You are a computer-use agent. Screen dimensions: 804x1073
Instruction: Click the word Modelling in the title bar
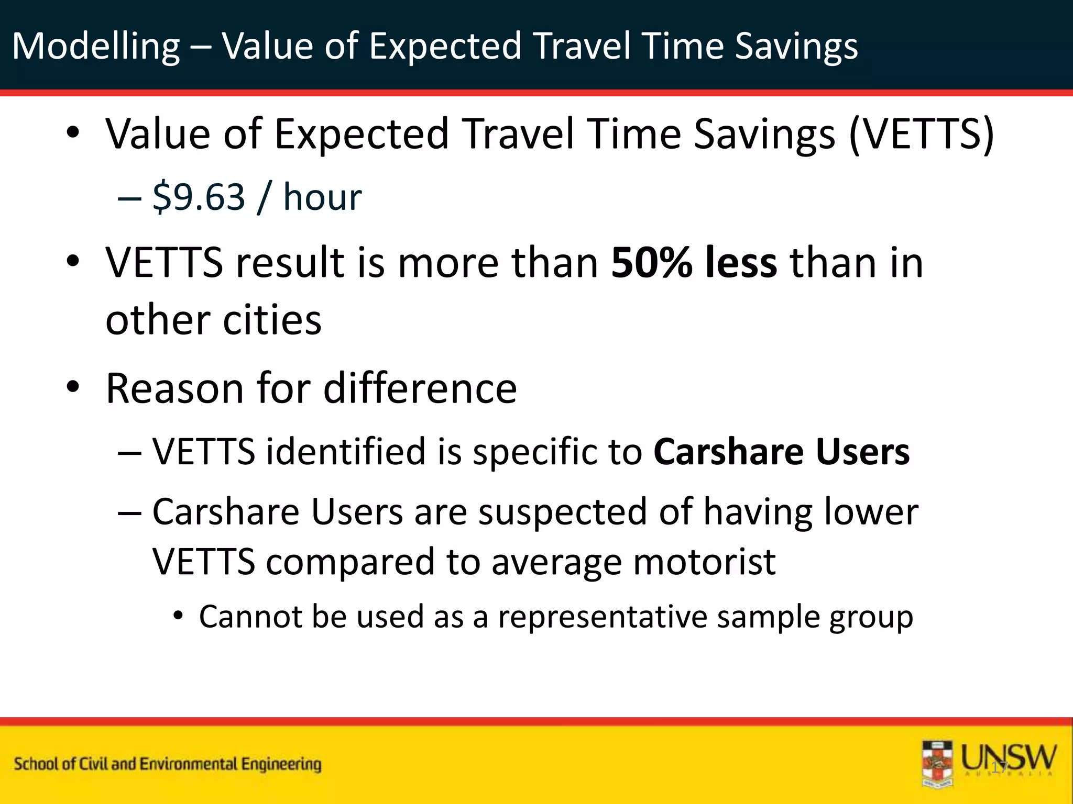96,46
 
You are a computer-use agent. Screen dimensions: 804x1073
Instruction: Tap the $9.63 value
199,197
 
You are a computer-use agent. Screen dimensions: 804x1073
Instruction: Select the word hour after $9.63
322,197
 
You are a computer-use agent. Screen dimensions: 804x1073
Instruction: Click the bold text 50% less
694,262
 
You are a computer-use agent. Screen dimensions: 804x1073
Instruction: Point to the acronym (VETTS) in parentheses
921,134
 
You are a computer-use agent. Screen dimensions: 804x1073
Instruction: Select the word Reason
175,388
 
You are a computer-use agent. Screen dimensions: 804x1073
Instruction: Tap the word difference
420,388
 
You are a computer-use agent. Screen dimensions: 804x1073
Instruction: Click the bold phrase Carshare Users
781,452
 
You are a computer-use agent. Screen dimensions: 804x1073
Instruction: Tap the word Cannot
249,617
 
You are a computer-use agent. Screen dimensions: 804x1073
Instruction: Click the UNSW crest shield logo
937,764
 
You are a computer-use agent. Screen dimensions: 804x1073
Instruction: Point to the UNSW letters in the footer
1009,757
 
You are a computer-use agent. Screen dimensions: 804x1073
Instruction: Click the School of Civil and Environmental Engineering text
168,764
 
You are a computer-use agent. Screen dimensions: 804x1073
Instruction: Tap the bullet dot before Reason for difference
73,387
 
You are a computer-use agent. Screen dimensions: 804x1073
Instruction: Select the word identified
346,452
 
